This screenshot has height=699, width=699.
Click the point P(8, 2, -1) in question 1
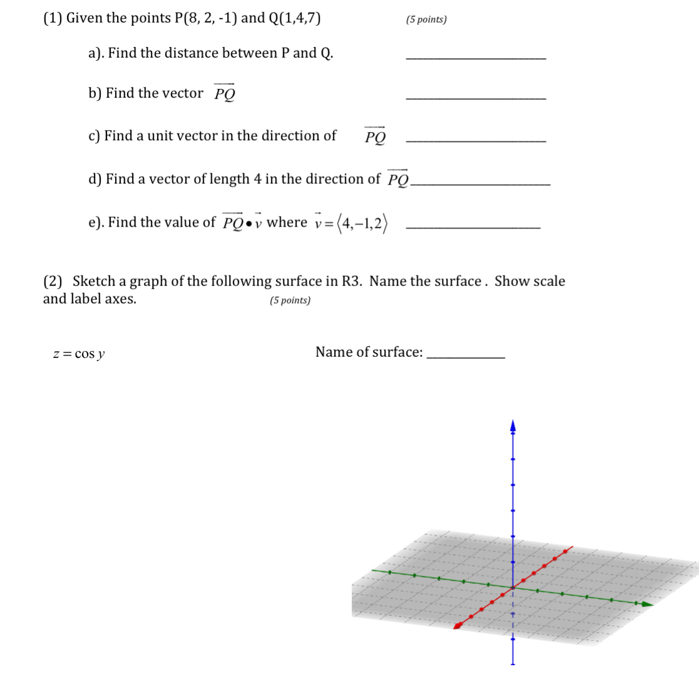click(205, 18)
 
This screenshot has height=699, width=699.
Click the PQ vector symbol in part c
click(375, 135)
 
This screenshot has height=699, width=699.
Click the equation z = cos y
click(79, 354)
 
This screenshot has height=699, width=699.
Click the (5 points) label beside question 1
click(426, 19)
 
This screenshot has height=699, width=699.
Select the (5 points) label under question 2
click(290, 300)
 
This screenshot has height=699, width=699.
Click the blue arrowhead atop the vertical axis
click(513, 426)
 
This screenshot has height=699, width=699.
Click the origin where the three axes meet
click(513, 588)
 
